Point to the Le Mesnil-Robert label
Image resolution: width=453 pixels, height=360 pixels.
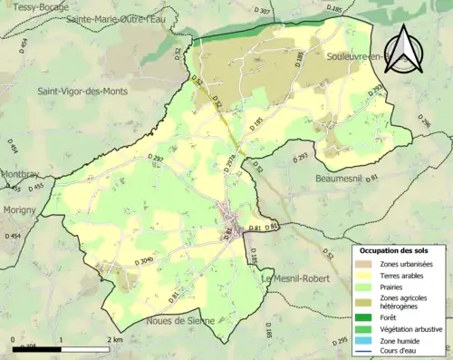click(x=292, y=279)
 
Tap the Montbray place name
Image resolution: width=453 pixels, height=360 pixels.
click(x=19, y=173)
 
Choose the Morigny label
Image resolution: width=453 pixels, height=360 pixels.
click(x=17, y=209)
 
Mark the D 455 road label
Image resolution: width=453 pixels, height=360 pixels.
click(x=35, y=187)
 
